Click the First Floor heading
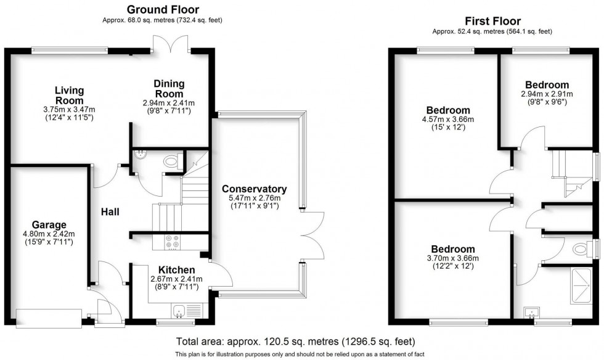coord(492,21)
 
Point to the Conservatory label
coord(255,189)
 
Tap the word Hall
coord(110,211)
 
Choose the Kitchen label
coord(177,270)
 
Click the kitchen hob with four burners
coord(172,243)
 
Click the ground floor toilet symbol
coord(169,162)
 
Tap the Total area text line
coord(295,341)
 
